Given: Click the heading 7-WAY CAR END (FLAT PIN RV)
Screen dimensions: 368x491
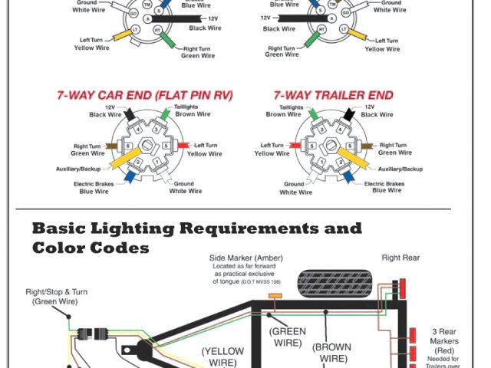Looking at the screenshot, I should tap(144, 95).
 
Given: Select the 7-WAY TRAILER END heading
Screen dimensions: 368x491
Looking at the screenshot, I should tap(333, 95).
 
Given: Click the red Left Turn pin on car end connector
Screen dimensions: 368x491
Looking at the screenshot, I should tap(183, 146).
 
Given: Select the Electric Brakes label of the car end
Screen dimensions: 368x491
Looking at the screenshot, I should tap(95, 188).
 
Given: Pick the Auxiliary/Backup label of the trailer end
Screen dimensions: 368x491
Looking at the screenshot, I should tap(400, 168).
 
